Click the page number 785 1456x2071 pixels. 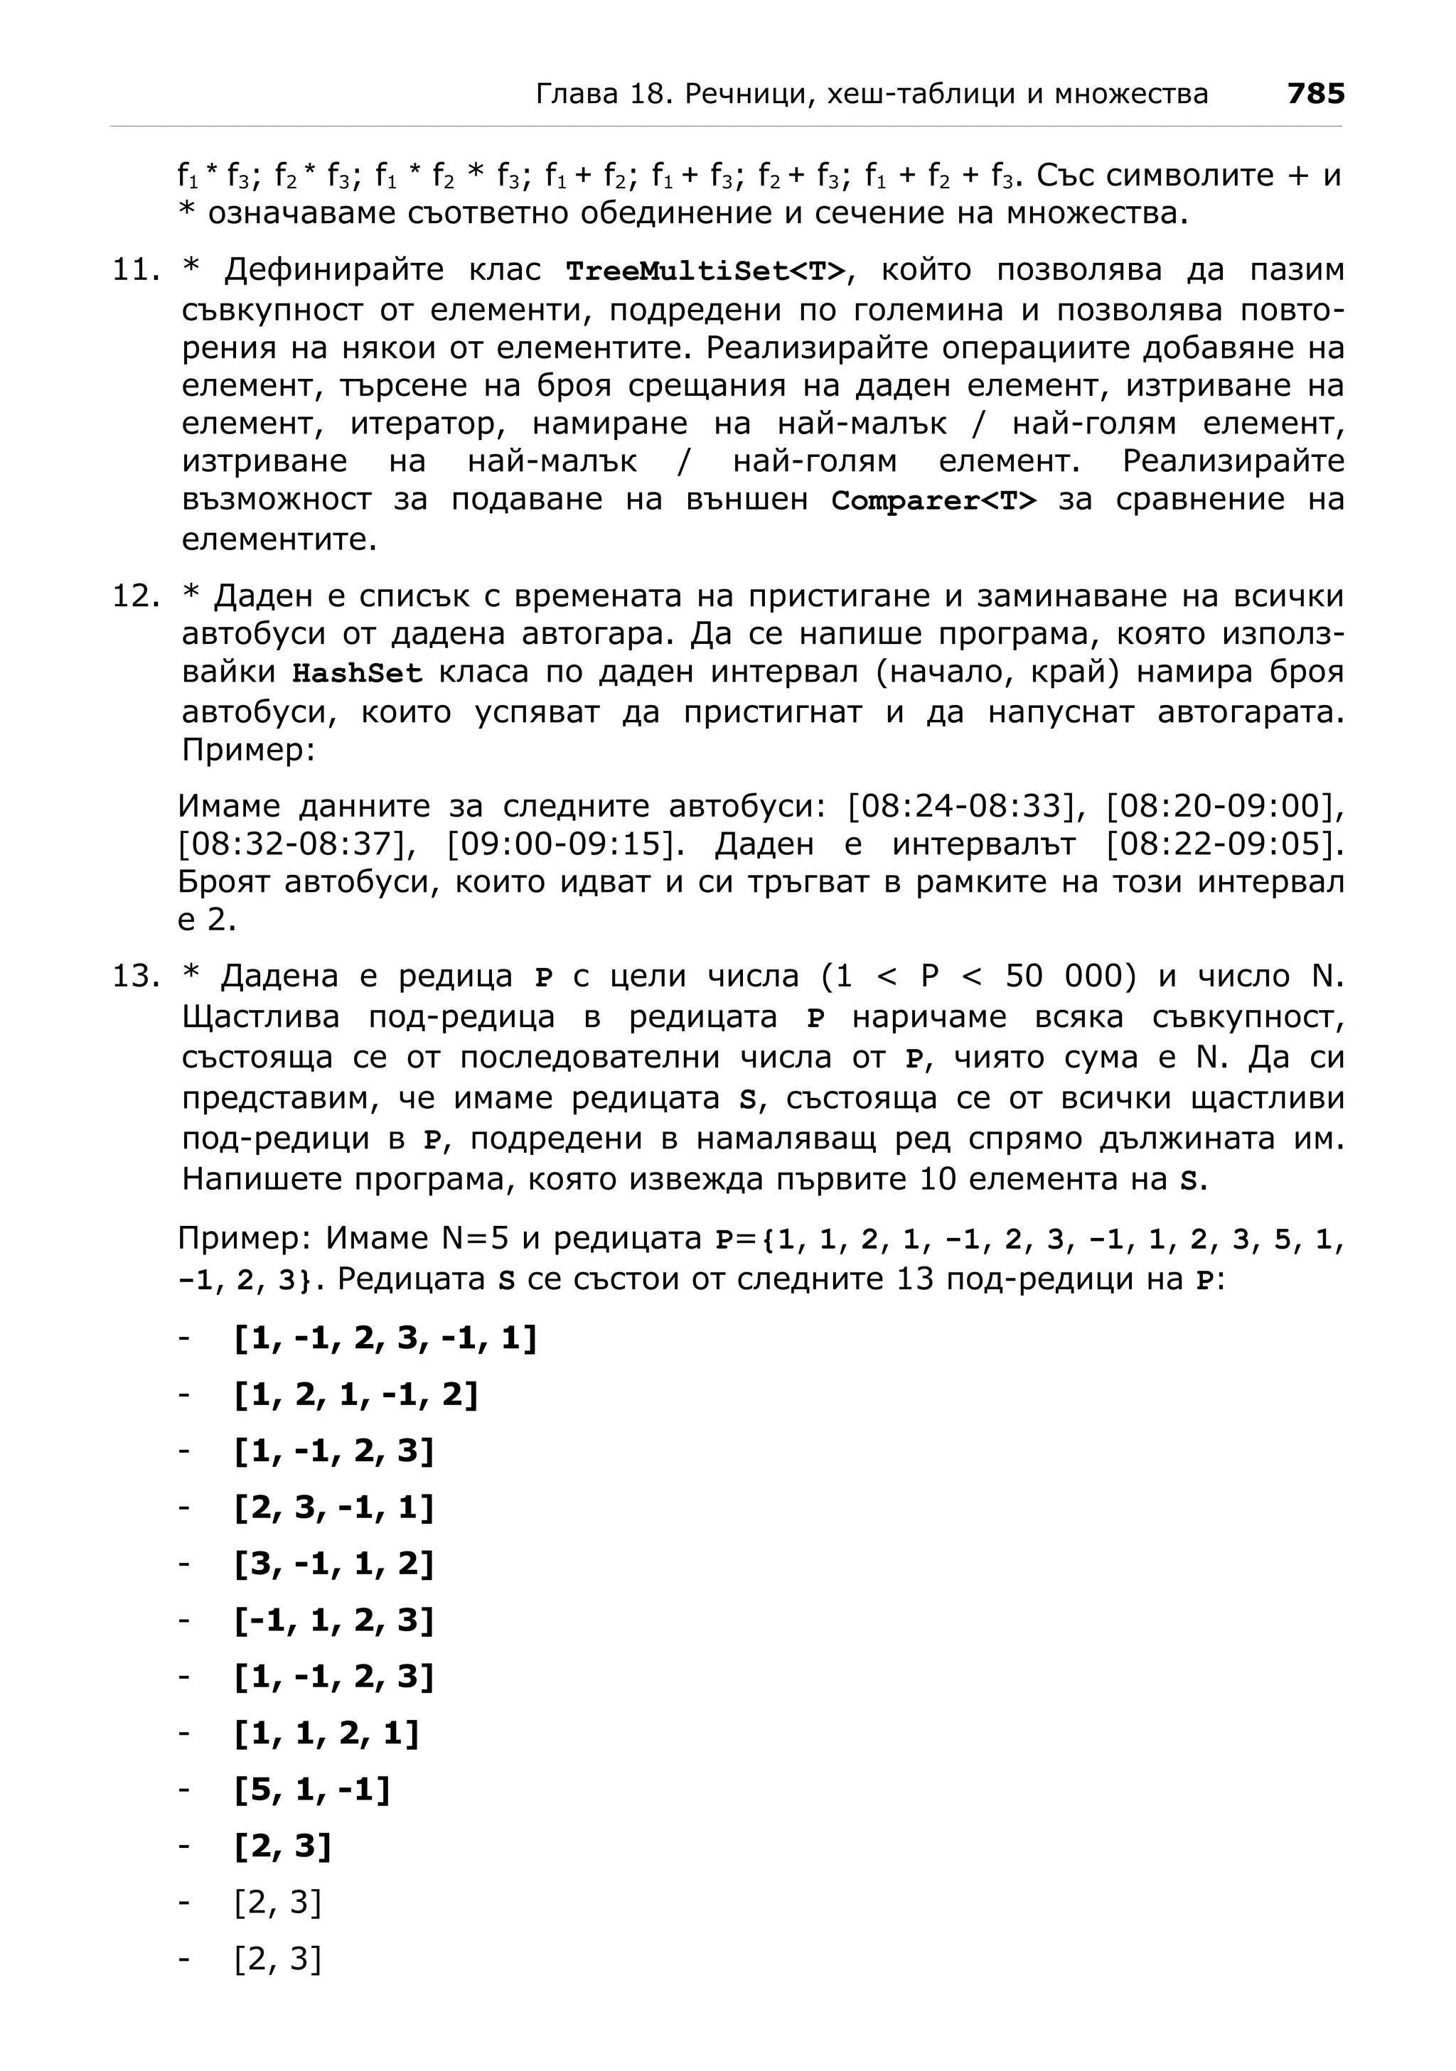tap(1315, 94)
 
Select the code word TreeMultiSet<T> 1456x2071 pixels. tap(707, 271)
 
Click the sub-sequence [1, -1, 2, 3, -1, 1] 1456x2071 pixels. tap(385, 1338)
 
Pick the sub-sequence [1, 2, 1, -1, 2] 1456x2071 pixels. tap(355, 1394)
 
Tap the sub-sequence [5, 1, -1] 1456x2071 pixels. tap(312, 1790)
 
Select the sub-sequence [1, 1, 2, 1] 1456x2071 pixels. tap(326, 1733)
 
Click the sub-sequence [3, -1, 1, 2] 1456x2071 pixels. tap(333, 1564)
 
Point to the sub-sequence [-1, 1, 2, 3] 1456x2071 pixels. tap(333, 1621)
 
